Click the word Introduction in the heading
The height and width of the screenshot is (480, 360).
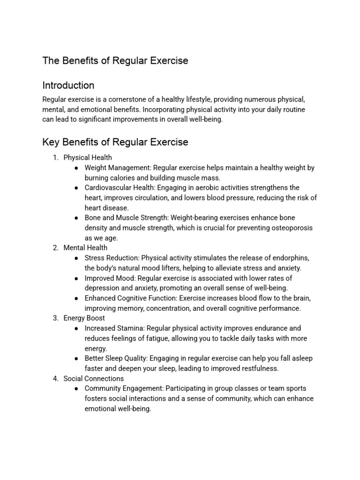click(x=68, y=85)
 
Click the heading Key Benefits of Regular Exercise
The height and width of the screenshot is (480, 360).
click(x=115, y=142)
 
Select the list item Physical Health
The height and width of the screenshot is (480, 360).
click(x=88, y=157)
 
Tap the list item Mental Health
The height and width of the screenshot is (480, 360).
click(x=85, y=247)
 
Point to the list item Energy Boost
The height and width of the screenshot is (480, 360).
click(x=84, y=318)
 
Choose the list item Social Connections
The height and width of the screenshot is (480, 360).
click(x=94, y=378)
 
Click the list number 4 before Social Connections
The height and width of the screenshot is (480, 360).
click(x=55, y=378)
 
